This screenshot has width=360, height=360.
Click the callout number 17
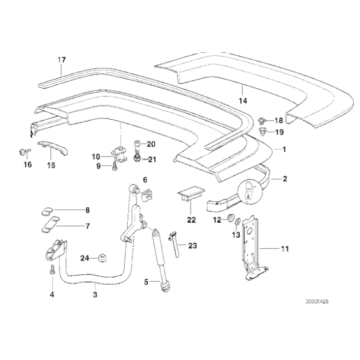[x=61, y=60]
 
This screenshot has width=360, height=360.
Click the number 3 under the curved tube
[x=94, y=294]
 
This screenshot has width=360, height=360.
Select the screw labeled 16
[x=24, y=151]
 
